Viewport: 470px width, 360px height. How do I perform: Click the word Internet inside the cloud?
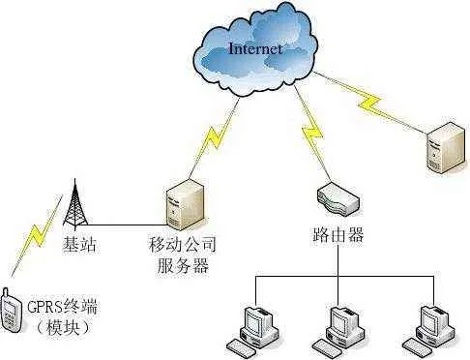[x=254, y=47]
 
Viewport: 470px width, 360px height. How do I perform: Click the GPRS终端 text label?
[x=64, y=309]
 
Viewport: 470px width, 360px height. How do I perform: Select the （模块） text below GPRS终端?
[x=62, y=329]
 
